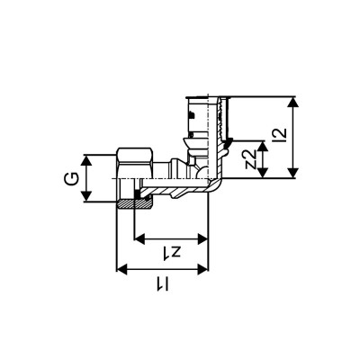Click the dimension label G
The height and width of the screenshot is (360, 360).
point(67,179)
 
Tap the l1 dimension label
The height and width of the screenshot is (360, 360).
point(165,284)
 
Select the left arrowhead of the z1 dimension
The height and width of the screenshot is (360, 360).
point(137,238)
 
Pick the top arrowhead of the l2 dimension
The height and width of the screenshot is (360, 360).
point(295,98)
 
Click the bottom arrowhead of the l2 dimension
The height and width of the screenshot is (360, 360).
point(295,175)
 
